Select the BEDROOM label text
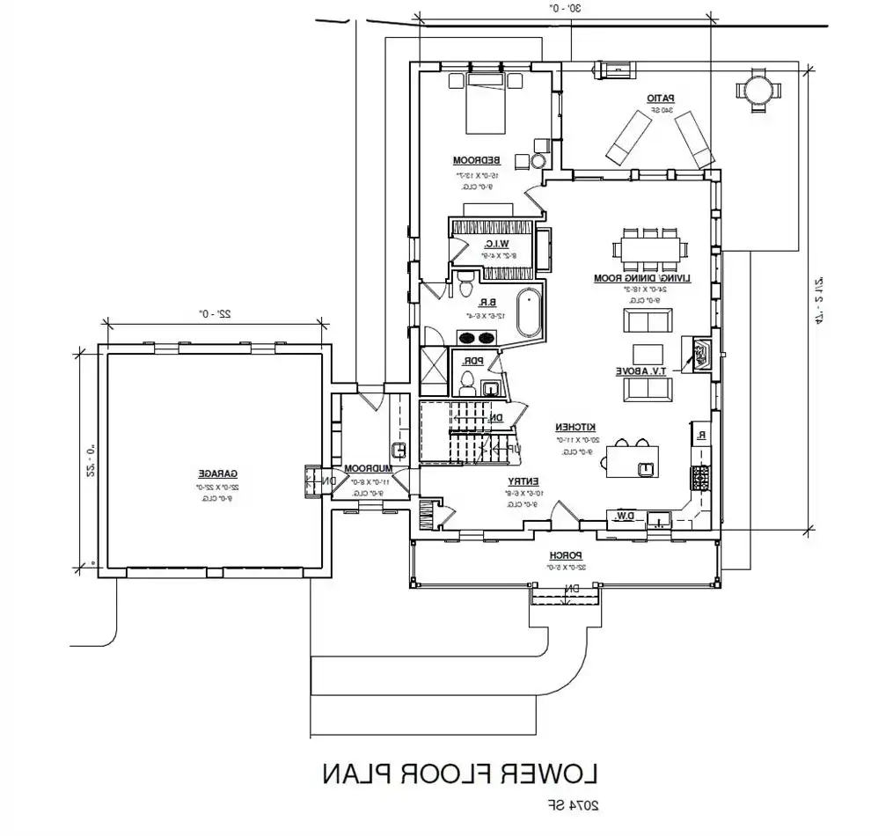point(477,160)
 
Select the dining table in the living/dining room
point(653,250)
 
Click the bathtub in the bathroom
point(529,312)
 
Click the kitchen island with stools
point(634,458)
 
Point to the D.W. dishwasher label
point(626,515)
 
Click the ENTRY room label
point(523,480)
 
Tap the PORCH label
point(563,555)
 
